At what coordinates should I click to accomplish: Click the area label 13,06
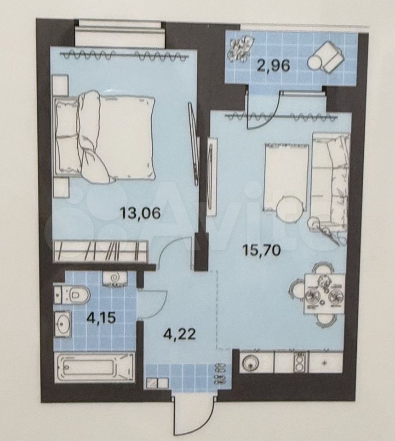point(140,213)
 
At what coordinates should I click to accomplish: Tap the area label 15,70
point(262,249)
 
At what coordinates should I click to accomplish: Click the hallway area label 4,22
point(179,334)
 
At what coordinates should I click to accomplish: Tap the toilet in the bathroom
point(72,294)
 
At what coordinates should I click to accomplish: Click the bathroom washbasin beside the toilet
point(63,324)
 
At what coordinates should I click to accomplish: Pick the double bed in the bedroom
point(105,137)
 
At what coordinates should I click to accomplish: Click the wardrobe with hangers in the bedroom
point(101,251)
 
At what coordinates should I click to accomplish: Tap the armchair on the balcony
point(326,58)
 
